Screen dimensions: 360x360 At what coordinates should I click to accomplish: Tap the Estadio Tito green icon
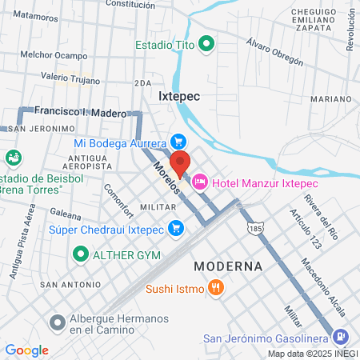206,45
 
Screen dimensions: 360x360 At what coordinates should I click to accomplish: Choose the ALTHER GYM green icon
80,255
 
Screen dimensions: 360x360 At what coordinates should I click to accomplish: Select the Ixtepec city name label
178,94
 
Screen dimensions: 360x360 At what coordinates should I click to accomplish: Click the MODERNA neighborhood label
228,266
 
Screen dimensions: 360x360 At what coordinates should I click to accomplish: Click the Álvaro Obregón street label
274,51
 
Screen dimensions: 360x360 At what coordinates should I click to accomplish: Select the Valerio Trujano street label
70,80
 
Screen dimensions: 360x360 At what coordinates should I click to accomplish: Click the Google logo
26,350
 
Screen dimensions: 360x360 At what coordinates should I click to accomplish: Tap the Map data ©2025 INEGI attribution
311,354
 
